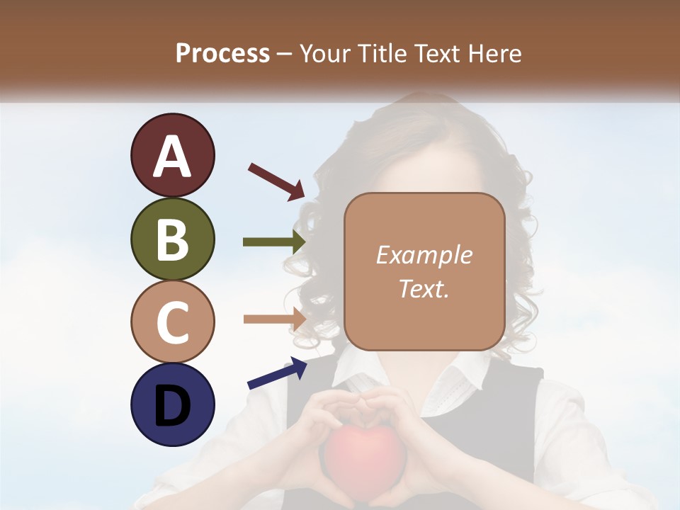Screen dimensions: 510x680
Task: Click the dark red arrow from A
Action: pyautogui.click(x=276, y=181)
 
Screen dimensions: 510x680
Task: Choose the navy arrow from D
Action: pyautogui.click(x=277, y=373)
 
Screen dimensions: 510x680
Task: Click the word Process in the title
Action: pyautogui.click(x=222, y=53)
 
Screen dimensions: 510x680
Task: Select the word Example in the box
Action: pyautogui.click(x=424, y=255)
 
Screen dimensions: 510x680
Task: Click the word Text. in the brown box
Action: pyautogui.click(x=424, y=288)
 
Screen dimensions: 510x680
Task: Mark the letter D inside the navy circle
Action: pyautogui.click(x=172, y=406)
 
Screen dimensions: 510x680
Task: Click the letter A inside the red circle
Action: pyautogui.click(x=172, y=157)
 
